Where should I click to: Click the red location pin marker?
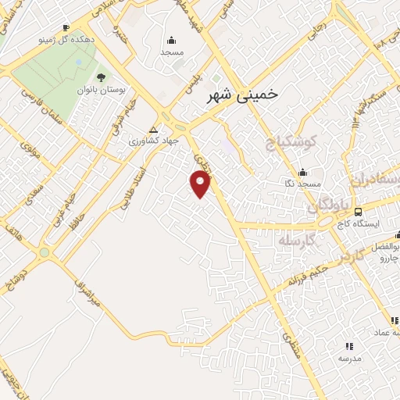coord(201,184)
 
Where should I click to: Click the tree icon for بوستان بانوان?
coord(101,77)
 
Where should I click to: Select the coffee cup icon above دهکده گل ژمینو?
coord(66,27)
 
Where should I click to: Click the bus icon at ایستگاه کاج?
coord(358,211)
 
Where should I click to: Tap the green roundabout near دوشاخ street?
coord(45,252)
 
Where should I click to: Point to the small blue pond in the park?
coord(79,61)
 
